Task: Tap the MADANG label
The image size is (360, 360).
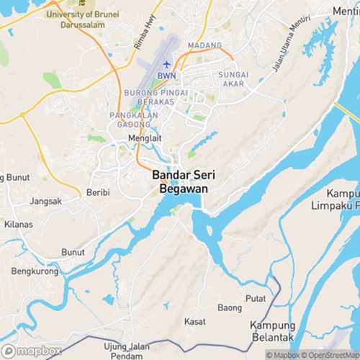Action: [x=204, y=46]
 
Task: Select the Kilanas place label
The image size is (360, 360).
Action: [x=17, y=225]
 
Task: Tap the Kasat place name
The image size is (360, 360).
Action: [x=194, y=320]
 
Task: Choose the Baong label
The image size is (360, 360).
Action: [x=230, y=308]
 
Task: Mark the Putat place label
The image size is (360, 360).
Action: [x=256, y=297]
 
